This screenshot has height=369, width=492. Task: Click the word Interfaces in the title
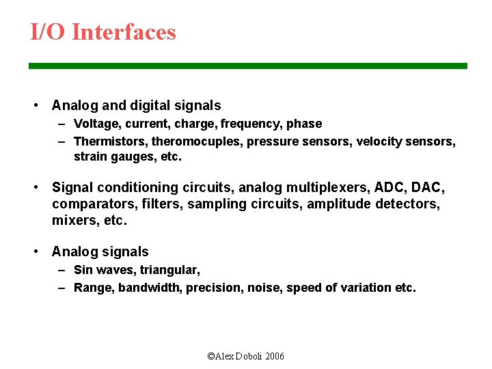point(124,32)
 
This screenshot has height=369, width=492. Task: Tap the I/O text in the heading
point(48,32)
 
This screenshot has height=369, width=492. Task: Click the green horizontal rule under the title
point(247,66)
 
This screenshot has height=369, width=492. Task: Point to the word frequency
point(245,124)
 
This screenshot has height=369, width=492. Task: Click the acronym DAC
point(428,187)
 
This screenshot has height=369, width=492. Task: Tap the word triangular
point(170,270)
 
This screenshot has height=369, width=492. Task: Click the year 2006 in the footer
point(275,356)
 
